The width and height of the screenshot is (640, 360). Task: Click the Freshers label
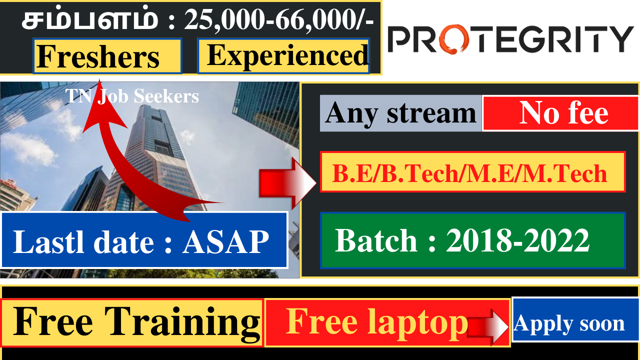point(107,56)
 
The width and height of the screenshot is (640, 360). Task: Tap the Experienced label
point(283,56)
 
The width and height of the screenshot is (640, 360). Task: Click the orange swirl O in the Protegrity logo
point(454,39)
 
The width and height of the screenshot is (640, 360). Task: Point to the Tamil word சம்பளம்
point(90,19)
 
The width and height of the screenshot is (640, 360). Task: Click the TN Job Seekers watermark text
point(132,96)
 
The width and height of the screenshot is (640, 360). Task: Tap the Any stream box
point(400,113)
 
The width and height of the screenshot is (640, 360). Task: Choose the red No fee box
point(560,113)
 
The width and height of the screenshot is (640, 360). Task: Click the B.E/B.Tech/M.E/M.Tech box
point(473,171)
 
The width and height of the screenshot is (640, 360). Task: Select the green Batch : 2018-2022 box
point(473,240)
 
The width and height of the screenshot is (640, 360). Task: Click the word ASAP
point(225,241)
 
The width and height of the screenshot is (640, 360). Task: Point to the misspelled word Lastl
point(48,241)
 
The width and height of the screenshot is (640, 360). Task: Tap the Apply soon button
point(575,319)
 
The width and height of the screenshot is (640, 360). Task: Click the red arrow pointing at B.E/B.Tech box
point(287,183)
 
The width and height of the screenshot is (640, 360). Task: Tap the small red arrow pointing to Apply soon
point(487,326)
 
